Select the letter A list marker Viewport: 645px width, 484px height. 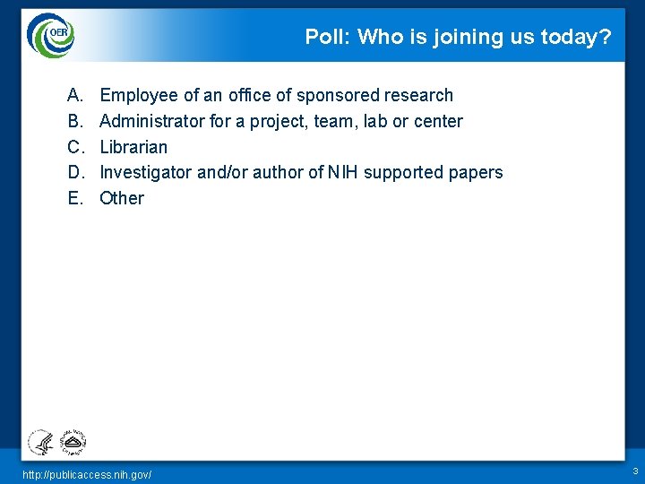tap(73, 95)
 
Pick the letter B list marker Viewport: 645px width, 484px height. tap(73, 121)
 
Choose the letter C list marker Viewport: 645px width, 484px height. tap(73, 147)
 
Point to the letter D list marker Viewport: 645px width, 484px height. tap(73, 172)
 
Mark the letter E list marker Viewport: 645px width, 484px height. tap(73, 198)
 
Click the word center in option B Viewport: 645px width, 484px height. tap(438, 121)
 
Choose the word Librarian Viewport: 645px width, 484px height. tap(133, 147)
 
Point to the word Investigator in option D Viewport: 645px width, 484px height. tap(145, 172)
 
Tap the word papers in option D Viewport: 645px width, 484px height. tap(477, 172)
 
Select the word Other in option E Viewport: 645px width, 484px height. tap(122, 198)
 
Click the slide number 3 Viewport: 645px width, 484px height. tap(634, 471)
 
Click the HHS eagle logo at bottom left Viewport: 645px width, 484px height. tap(40, 442)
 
